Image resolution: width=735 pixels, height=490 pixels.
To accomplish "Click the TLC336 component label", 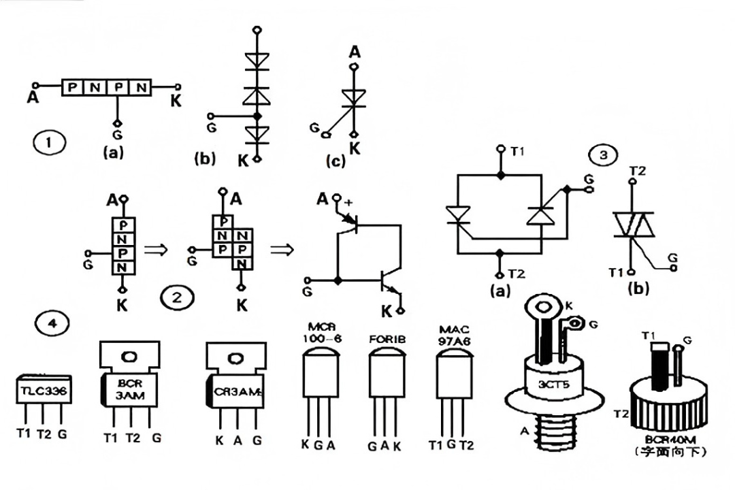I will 44,390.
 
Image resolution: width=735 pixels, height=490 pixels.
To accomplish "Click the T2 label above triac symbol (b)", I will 638,169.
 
